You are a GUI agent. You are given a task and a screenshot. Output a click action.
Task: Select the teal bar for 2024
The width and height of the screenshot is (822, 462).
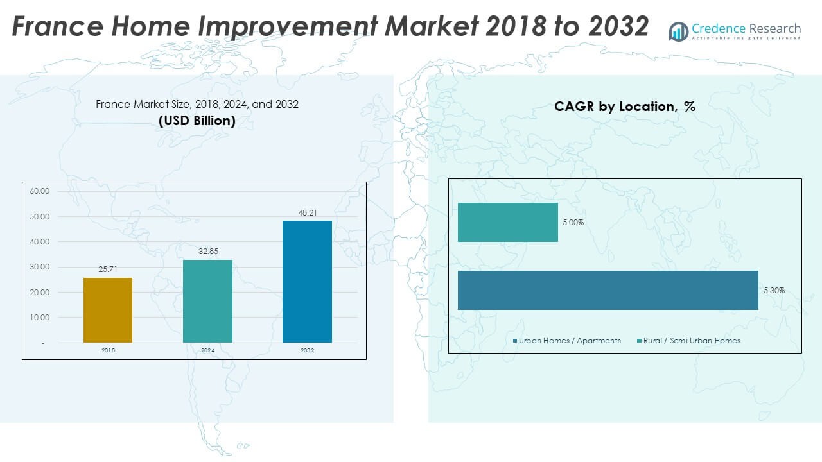(207, 301)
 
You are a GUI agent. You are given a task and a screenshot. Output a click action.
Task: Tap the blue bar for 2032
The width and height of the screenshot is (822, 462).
(307, 282)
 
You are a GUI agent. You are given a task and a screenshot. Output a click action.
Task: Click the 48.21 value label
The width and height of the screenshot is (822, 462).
(308, 212)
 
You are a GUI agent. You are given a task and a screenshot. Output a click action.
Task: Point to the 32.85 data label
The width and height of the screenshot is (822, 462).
(208, 252)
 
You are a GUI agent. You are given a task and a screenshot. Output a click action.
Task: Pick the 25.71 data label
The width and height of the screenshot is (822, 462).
(108, 269)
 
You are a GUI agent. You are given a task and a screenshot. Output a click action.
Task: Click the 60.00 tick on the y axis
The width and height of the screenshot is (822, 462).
(39, 191)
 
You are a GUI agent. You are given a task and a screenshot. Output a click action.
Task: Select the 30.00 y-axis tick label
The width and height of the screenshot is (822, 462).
(39, 267)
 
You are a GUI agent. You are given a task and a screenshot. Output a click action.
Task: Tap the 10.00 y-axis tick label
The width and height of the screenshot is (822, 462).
(39, 318)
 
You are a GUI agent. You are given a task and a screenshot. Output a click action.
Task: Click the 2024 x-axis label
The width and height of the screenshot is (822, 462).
(207, 350)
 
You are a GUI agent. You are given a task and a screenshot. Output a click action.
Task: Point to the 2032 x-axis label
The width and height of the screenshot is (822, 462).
(307, 350)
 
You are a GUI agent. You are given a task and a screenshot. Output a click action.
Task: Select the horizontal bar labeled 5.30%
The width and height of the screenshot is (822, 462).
(608, 290)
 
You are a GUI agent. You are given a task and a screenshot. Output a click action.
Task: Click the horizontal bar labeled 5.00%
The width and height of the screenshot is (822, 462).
(507, 222)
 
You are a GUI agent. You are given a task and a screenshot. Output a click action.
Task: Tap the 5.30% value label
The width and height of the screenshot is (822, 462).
(774, 291)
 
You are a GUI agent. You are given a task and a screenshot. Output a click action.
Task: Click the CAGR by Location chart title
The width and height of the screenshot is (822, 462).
(625, 107)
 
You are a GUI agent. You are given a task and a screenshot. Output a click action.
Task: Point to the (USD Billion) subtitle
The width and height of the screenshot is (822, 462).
(197, 121)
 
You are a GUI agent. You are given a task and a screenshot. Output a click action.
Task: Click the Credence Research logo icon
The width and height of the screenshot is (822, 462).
(678, 31)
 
